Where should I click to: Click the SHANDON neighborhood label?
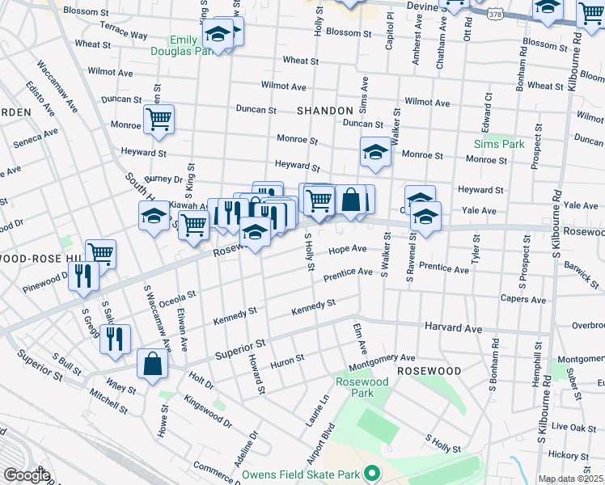325,110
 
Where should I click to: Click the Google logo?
27,475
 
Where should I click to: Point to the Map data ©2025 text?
571,479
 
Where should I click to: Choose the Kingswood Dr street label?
207,411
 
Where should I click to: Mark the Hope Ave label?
348,250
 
